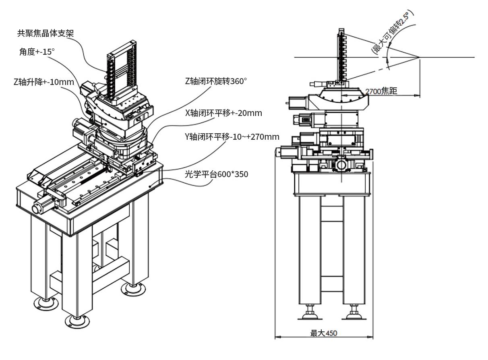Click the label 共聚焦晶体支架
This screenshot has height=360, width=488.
point(45,33)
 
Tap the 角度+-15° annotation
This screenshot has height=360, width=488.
point(37,52)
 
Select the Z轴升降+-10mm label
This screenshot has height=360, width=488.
point(44,82)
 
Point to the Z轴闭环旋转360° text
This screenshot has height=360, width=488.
point(216,81)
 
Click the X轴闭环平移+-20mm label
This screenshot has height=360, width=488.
point(223,113)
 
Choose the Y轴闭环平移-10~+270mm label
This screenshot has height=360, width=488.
point(232,137)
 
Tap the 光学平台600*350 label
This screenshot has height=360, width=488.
point(216,174)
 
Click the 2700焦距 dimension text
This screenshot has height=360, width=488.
point(381,91)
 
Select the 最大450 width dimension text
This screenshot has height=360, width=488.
point(323,333)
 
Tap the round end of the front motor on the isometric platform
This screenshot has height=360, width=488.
point(36,209)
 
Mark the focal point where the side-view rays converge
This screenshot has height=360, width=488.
point(419,57)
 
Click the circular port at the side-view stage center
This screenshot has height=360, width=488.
point(341,165)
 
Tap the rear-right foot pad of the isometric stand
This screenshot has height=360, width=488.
point(133,288)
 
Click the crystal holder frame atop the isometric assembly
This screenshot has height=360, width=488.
point(122,72)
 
